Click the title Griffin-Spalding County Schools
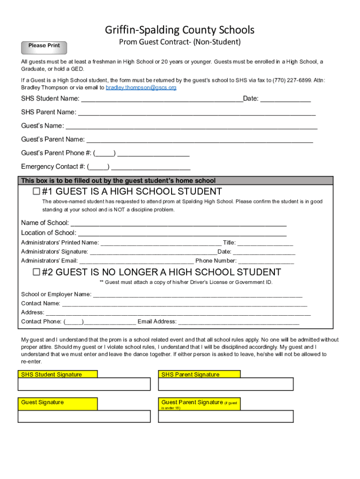tap(180, 30)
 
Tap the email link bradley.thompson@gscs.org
tap(141, 88)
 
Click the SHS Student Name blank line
tap(162, 100)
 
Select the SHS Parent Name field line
tap(196, 113)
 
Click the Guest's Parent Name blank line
tap(200, 140)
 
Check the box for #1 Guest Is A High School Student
tap(36, 191)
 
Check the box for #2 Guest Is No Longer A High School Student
tap(36, 272)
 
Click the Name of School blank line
tap(178, 224)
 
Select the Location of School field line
tap(182, 233)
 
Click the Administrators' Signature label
tap(54, 252)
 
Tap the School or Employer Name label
tap(56, 294)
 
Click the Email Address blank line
tap(238, 322)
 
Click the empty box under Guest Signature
tap(84, 416)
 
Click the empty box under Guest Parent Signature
tap(226, 416)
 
